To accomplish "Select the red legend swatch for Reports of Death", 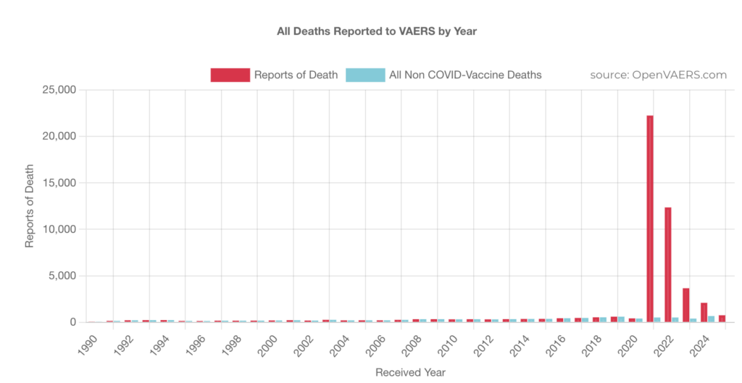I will click(230, 75).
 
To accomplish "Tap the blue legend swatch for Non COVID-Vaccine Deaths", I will click(364, 75).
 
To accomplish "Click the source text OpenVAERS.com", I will click(658, 75).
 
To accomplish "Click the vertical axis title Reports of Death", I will click(30, 206).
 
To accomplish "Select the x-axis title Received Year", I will click(410, 372).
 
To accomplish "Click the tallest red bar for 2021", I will click(650, 218).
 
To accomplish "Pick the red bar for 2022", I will click(668, 264).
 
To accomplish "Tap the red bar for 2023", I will click(685, 305).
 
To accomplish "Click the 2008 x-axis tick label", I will click(411, 342).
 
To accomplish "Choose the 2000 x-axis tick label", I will click(267, 342).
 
